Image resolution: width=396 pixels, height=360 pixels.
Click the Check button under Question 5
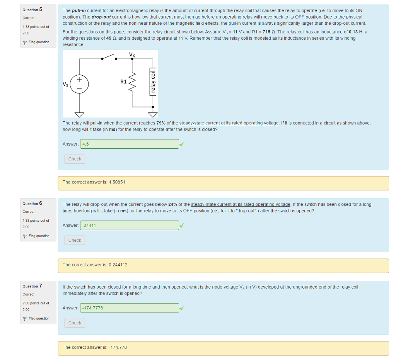pyautogui.click(x=75, y=159)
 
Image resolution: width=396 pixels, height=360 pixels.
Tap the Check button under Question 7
pyautogui.click(x=75, y=323)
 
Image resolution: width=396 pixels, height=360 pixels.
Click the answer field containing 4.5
pyautogui.click(x=130, y=144)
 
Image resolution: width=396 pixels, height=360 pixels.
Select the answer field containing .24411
pyautogui.click(x=130, y=225)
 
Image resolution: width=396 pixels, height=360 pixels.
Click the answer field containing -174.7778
pyautogui.click(x=130, y=308)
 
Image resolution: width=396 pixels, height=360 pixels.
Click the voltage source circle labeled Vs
pyautogui.click(x=79, y=84)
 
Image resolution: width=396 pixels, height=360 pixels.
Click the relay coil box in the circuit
pyautogui.click(x=153, y=82)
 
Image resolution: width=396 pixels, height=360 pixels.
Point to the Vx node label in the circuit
pyautogui.click(x=132, y=55)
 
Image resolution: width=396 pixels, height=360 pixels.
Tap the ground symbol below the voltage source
pyautogui.click(x=79, y=114)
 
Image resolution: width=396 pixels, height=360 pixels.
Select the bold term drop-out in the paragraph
pyautogui.click(x=102, y=17)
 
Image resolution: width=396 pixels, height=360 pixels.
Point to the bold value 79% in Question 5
pyautogui.click(x=161, y=123)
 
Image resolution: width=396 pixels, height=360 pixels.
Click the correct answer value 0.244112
pyautogui.click(x=118, y=265)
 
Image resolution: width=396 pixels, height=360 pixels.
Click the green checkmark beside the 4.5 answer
pyautogui.click(x=181, y=144)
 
